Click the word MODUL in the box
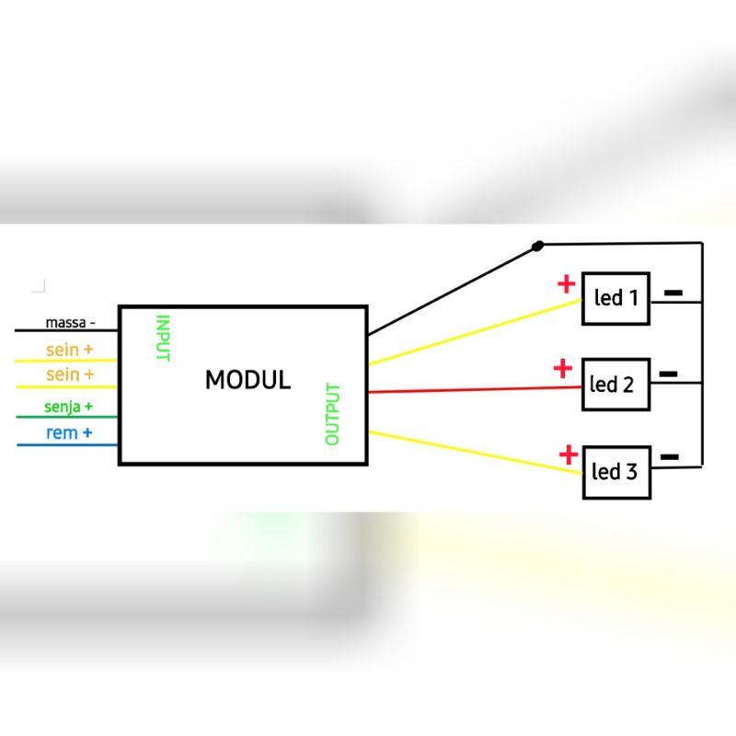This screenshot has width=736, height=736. click(x=247, y=379)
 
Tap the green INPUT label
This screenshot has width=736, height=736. click(x=163, y=339)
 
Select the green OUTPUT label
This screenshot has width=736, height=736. click(x=333, y=414)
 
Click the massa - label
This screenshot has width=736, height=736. click(x=71, y=323)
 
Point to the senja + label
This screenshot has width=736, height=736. click(x=68, y=406)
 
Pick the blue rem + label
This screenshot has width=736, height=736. click(x=68, y=431)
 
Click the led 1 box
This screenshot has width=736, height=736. click(x=615, y=298)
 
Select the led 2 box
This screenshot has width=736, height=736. click(x=616, y=384)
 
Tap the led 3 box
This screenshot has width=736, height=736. click(x=616, y=472)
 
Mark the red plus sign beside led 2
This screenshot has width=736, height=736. click(x=562, y=370)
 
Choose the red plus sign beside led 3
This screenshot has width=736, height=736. click(x=569, y=454)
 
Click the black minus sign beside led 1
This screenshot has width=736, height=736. click(x=673, y=293)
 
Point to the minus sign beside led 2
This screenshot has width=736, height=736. click(x=669, y=374)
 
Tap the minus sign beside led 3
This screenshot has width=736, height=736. click(x=671, y=456)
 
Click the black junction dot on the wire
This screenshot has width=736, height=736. click(x=538, y=246)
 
